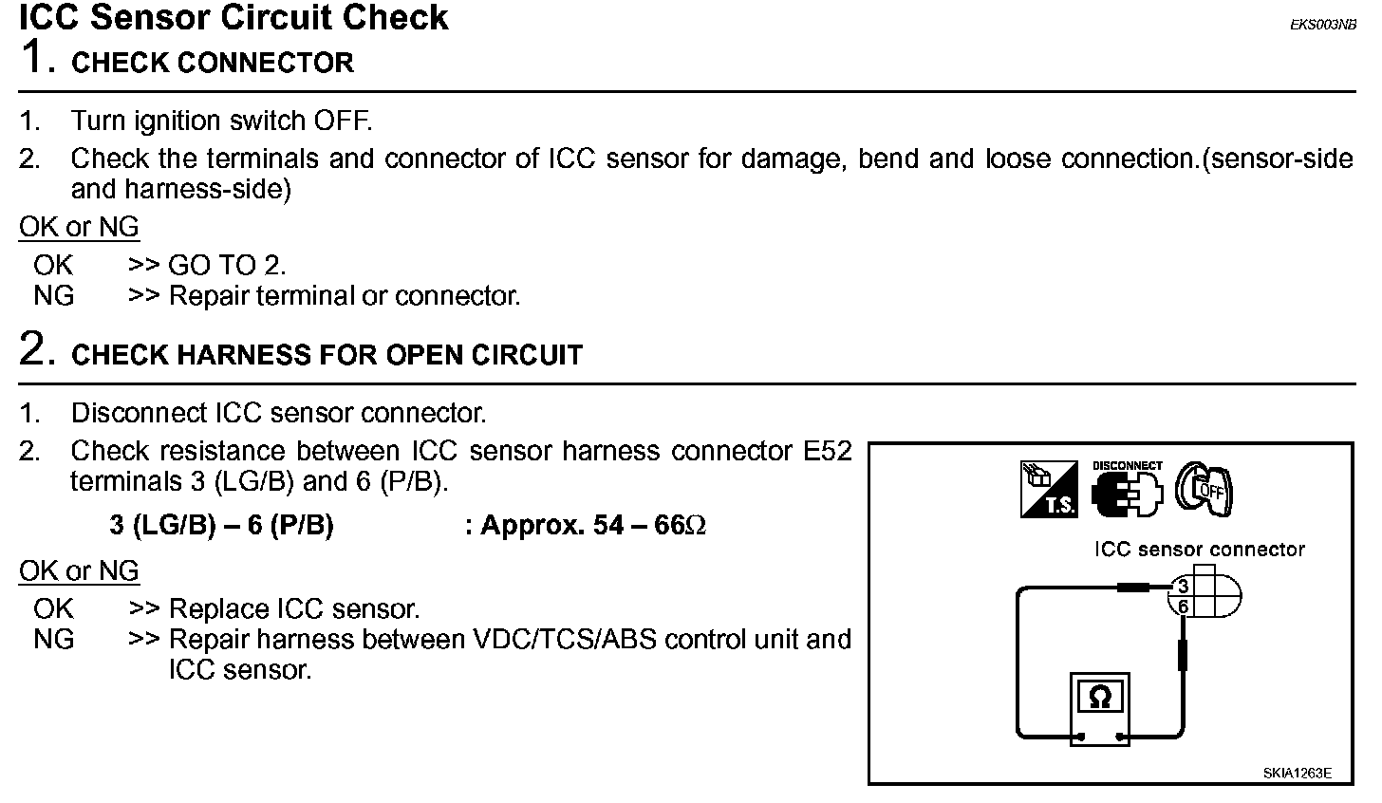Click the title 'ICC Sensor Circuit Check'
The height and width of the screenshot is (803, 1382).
pos(233,18)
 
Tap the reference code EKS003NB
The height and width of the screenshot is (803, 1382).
pos(1322,26)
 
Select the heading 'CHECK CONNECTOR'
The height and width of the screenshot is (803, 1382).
pos(213,64)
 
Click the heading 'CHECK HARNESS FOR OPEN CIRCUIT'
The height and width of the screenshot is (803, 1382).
pos(327,356)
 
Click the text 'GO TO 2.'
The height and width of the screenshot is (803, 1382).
pos(227,266)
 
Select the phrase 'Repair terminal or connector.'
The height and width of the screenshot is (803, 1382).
pos(345,296)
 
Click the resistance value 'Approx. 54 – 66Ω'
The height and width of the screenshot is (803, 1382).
pos(594,526)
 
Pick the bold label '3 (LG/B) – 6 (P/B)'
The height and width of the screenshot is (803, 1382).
pos(221,526)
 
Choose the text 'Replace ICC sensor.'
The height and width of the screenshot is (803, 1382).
pos(293,609)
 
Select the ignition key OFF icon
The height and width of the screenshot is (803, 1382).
pos(1204,489)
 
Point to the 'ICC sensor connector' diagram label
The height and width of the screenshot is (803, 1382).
pos(1199,550)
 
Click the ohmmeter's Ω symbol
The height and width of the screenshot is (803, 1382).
pos(1099,699)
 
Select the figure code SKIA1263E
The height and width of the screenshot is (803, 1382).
pos(1297,773)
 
